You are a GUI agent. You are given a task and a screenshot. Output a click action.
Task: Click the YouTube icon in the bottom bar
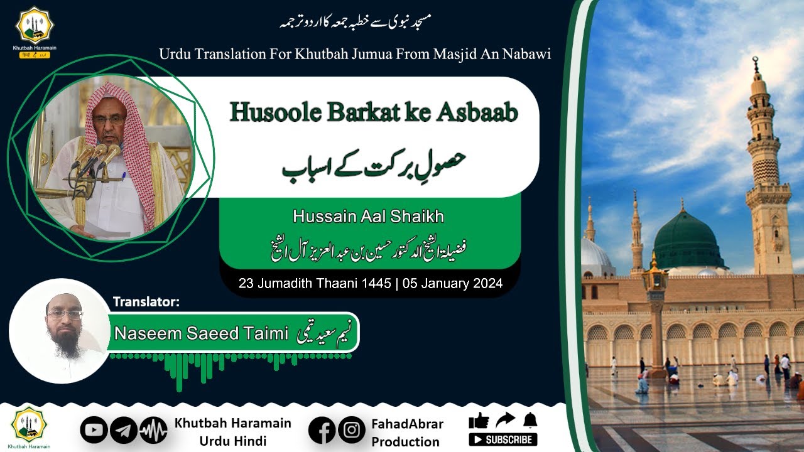click(94, 430)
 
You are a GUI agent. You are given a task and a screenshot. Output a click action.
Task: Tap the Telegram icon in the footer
click(124, 430)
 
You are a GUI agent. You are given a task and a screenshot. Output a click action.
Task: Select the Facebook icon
click(322, 430)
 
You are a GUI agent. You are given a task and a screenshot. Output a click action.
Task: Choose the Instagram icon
click(352, 430)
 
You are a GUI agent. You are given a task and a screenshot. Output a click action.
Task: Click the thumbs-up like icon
click(479, 420)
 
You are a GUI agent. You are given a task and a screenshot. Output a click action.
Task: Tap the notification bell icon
click(530, 419)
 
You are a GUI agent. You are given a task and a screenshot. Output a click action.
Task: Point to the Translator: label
click(146, 302)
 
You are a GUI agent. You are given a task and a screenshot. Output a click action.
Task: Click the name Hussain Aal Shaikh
click(369, 217)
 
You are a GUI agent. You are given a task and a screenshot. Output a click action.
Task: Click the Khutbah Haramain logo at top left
click(35, 29)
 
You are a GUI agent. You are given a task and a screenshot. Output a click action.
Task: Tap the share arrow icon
click(505, 419)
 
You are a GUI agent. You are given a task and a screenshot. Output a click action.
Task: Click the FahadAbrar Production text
click(407, 433)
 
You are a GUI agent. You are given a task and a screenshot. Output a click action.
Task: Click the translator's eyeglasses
click(65, 314)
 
